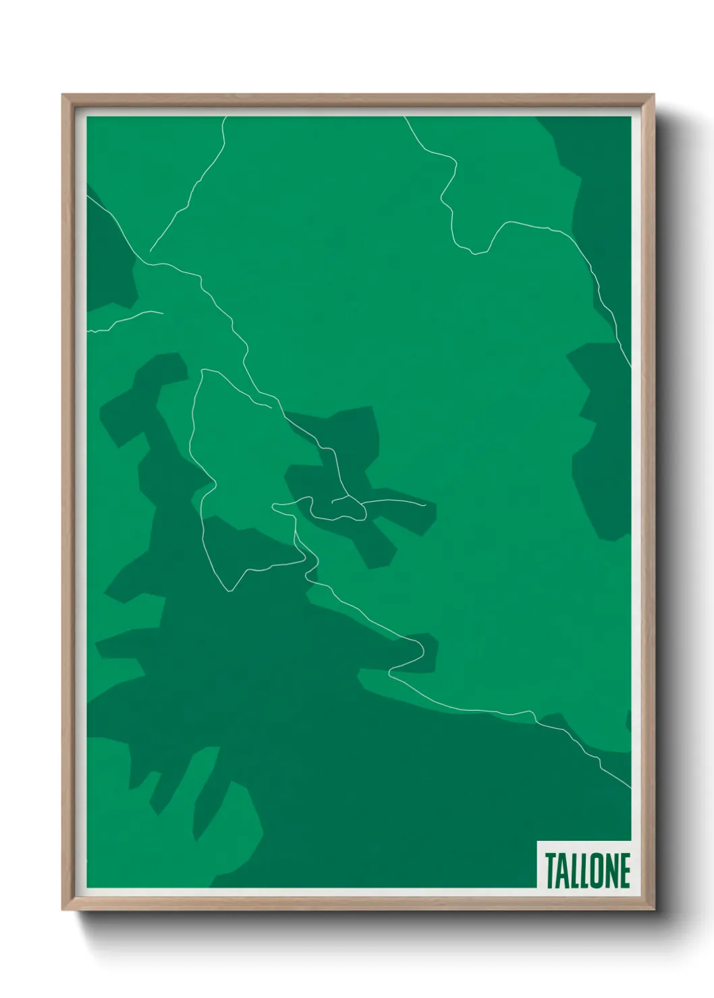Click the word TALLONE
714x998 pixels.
pyautogui.click(x=587, y=870)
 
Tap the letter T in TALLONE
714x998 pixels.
pyautogui.click(x=550, y=871)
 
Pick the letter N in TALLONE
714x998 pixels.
pyautogui.click(x=610, y=871)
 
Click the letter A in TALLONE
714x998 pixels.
pyautogui.click(x=561, y=871)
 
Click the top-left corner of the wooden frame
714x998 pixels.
pyautogui.click(x=63, y=95)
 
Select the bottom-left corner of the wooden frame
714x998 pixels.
pyautogui.click(x=63, y=910)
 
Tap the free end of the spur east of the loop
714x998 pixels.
pyautogui.click(x=425, y=504)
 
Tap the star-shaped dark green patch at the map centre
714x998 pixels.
pyautogui.click(x=351, y=472)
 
